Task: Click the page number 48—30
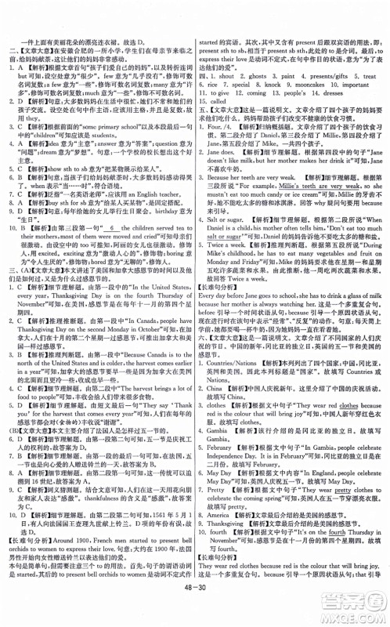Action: point(195,611)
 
